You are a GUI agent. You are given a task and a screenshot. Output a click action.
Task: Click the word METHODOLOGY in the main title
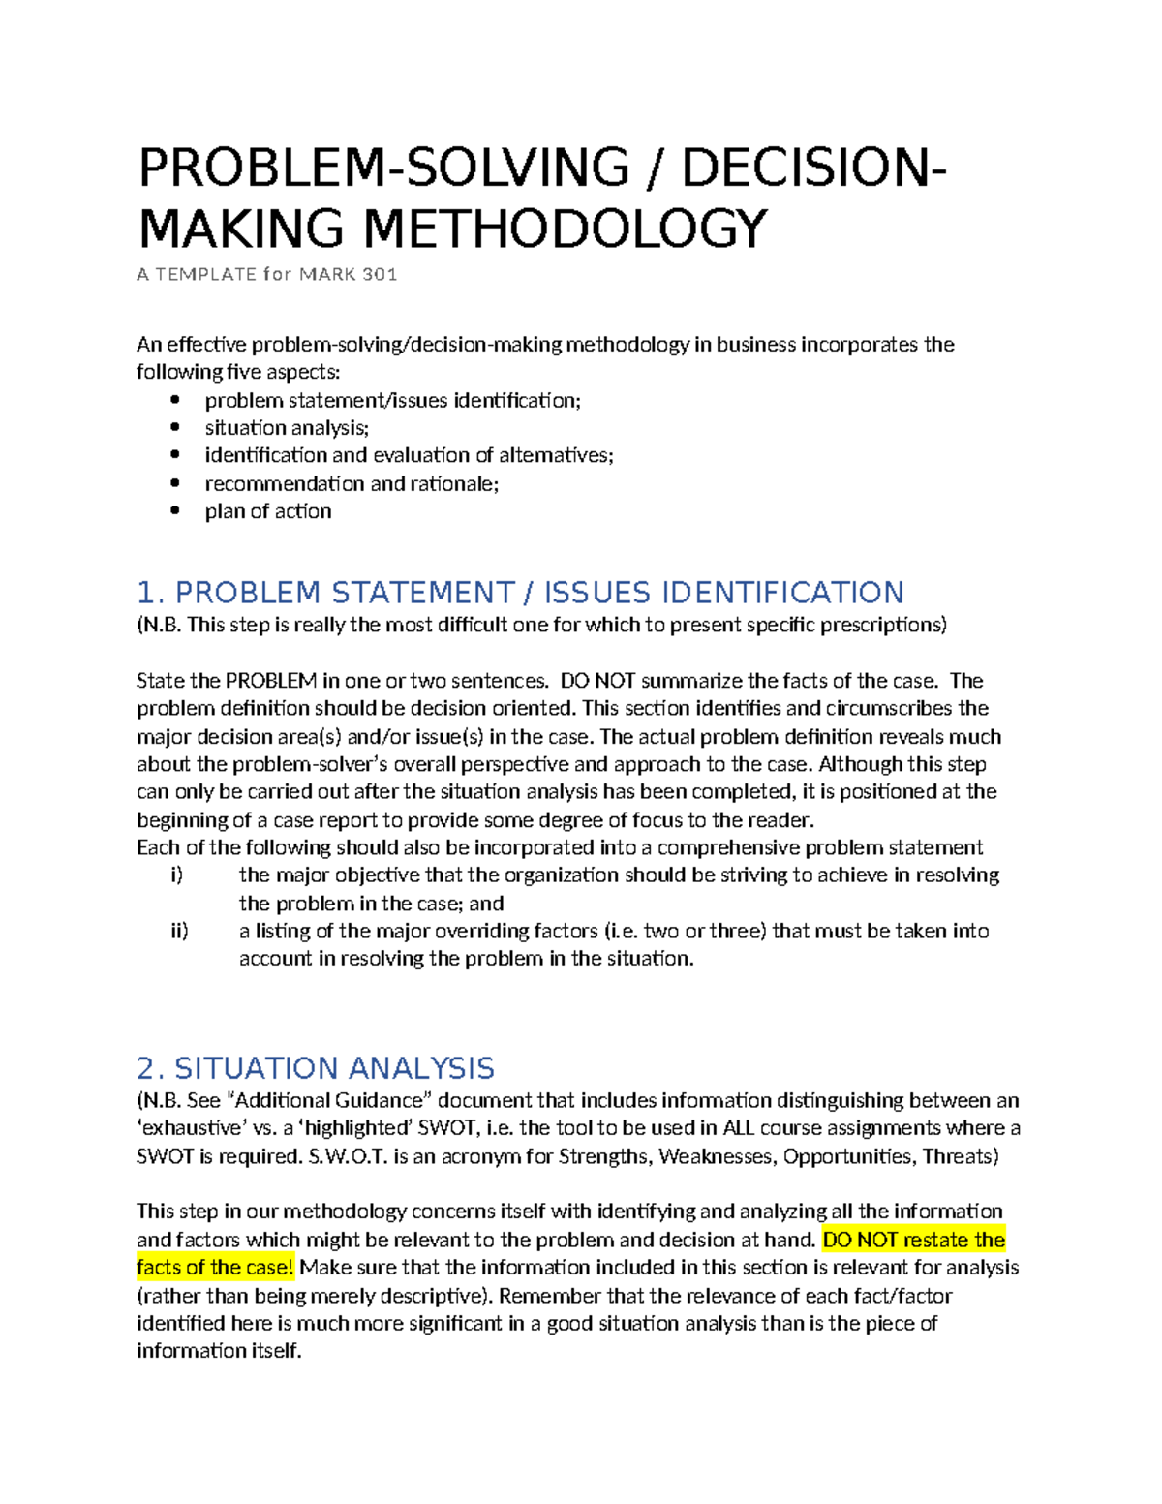565,230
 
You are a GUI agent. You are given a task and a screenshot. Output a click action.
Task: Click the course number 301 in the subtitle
380,274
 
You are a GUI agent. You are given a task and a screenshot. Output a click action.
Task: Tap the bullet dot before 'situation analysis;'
174,427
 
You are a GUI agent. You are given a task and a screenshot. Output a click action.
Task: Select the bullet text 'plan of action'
268,511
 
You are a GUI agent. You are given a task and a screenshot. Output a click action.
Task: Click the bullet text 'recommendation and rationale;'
352,483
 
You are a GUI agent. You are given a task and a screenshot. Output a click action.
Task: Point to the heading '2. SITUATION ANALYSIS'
316,1068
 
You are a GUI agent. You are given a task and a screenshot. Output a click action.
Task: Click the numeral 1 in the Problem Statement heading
146,593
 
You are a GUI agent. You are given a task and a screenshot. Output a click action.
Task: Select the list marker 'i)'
176,875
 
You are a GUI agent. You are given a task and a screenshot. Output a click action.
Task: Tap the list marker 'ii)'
179,931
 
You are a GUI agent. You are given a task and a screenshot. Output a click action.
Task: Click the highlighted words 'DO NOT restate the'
913,1240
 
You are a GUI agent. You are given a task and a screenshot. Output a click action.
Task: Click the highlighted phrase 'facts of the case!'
215,1268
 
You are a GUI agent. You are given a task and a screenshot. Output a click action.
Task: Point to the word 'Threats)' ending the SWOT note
961,1156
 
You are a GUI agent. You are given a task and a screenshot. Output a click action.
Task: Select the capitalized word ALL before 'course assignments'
739,1128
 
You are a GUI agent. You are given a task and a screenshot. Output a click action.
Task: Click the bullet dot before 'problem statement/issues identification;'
174,400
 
